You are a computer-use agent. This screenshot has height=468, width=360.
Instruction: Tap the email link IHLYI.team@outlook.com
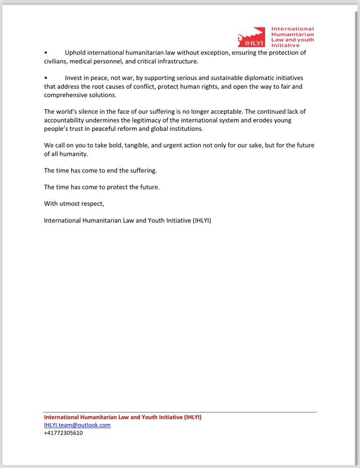[x=77, y=425]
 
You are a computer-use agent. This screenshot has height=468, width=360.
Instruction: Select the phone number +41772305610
[x=64, y=433]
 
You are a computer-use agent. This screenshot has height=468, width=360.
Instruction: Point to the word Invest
[x=74, y=78]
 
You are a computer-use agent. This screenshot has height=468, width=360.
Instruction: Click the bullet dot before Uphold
[x=46, y=53]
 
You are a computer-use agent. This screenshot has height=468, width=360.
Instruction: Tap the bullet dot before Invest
[x=46, y=78]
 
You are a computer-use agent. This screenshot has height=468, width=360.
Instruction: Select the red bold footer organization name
[x=122, y=417]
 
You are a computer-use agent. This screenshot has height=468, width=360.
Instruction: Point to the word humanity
[x=74, y=154]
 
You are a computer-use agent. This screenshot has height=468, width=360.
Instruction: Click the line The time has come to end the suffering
[x=100, y=171]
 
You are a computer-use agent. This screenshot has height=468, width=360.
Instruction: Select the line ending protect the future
[x=101, y=187]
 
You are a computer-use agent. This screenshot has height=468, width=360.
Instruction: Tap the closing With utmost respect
[x=74, y=204]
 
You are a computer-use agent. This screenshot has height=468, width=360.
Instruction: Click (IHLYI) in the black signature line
[x=202, y=220]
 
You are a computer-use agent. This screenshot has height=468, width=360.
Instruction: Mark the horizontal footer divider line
[x=180, y=412]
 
